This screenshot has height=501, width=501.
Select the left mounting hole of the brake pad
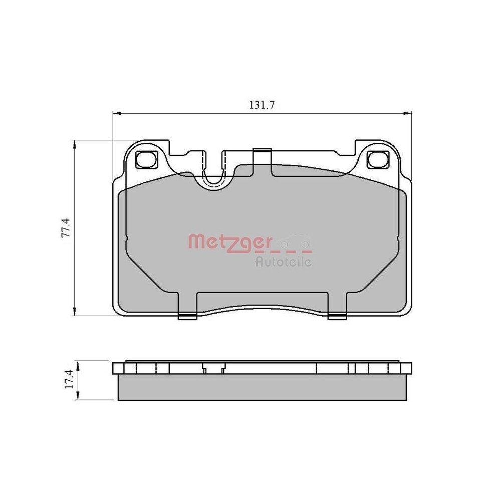click(x=146, y=159)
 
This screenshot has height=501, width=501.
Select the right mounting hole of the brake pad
click(x=377, y=159)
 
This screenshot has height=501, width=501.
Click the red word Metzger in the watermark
click(x=229, y=242)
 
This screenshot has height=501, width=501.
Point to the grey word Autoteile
click(x=283, y=261)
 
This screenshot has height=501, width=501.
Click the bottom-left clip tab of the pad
click(x=187, y=316)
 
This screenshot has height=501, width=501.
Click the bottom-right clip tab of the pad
click(x=337, y=316)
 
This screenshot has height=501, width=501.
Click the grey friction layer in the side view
click(x=262, y=388)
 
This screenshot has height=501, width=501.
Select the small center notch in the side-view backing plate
click(x=212, y=370)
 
